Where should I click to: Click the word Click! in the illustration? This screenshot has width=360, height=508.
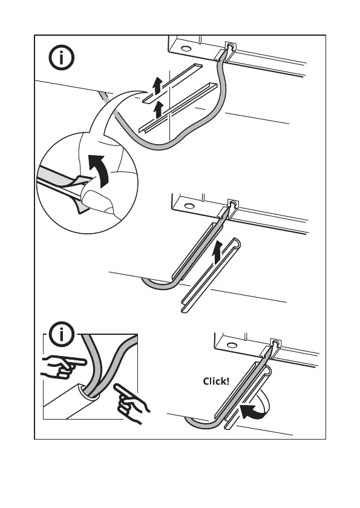[216, 381]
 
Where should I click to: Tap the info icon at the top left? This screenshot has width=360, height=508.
[62, 58]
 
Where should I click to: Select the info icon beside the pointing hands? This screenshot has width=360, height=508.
[62, 334]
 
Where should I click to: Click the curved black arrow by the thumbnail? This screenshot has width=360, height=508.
[100, 170]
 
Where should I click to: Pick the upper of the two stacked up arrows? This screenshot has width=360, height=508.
[157, 85]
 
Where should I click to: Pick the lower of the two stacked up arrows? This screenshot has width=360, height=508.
[158, 110]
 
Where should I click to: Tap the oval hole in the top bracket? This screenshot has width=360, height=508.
[186, 48]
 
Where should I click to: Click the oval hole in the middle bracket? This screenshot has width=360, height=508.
[189, 206]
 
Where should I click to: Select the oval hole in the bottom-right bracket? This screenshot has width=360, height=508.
[232, 345]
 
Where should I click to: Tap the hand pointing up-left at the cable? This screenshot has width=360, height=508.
[131, 403]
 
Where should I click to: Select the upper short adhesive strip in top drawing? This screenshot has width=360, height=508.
[172, 82]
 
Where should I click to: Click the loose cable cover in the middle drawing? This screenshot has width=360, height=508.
[211, 275]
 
